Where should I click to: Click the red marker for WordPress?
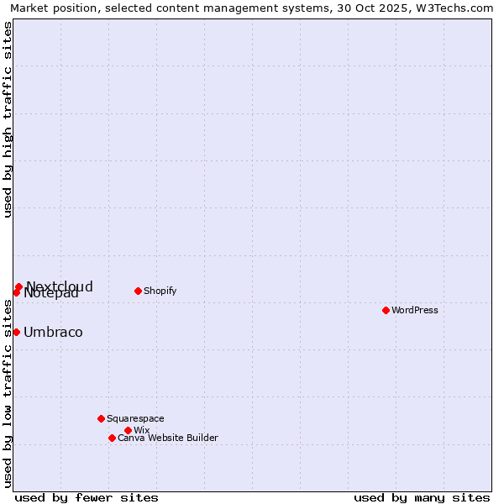click(386, 310)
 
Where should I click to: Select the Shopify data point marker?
click(138, 291)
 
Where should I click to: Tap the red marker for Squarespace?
click(101, 418)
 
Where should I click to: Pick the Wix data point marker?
click(128, 430)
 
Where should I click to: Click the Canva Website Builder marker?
click(112, 438)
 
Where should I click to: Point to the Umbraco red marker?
click(16, 332)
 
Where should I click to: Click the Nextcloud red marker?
click(18, 286)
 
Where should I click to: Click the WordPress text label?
click(415, 310)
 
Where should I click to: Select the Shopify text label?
click(160, 291)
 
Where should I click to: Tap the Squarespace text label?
click(135, 418)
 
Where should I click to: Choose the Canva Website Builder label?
click(168, 438)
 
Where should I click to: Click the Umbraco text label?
click(53, 332)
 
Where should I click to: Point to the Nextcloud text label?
click(60, 286)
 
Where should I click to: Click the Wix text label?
click(141, 430)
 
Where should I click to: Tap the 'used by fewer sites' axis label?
click(87, 497)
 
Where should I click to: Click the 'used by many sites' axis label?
click(422, 497)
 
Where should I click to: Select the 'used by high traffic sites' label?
click(8, 119)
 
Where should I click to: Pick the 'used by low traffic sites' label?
click(8, 393)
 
